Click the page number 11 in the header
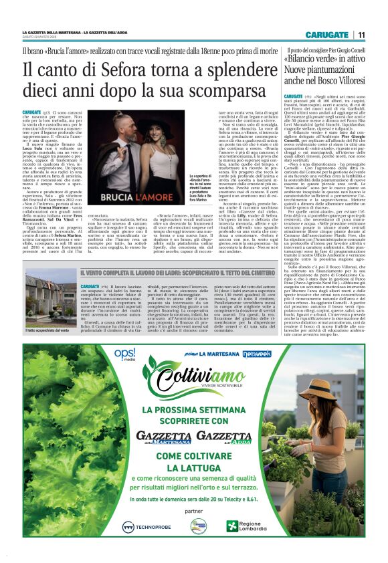pos(361,35)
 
